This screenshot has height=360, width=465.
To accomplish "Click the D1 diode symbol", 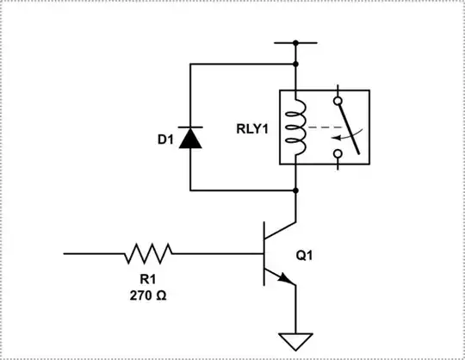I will [190, 137].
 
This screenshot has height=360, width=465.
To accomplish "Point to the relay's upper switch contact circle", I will [338, 90].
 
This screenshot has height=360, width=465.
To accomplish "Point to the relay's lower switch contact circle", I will [338, 155].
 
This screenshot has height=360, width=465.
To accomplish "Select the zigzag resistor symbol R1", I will [148, 253].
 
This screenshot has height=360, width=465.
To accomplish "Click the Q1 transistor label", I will [306, 255].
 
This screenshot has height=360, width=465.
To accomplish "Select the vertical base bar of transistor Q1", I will [263, 254].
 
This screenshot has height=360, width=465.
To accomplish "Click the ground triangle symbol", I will [295, 341].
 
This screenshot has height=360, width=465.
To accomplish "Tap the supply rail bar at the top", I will [295, 41].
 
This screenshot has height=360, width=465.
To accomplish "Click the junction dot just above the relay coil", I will [295, 64].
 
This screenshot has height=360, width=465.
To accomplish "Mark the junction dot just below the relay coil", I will [295, 189].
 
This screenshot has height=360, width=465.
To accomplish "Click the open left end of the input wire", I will [65, 253].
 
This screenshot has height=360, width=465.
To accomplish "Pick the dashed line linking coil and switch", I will [321, 127].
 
